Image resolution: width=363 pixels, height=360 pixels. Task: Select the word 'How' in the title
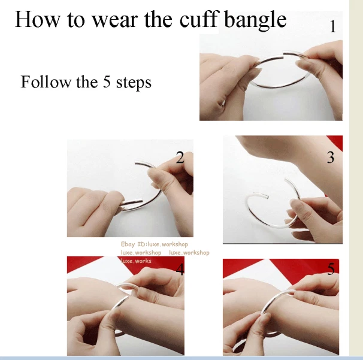coord(37,19)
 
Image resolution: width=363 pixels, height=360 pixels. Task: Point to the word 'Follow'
coord(46,81)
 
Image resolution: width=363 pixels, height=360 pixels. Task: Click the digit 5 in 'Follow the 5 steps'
coord(107,81)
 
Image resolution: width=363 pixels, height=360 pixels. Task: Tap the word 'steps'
coord(134,83)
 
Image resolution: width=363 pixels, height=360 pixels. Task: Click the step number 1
coord(332,26)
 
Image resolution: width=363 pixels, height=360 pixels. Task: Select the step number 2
coord(180,157)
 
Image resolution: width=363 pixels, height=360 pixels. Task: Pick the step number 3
coord(331,157)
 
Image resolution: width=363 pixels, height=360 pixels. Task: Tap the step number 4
coord(180,269)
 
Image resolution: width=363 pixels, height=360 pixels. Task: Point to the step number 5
coord(331,269)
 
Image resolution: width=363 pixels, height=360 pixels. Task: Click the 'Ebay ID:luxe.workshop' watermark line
coord(155,244)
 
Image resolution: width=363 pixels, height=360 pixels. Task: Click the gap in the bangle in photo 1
coord(283,56)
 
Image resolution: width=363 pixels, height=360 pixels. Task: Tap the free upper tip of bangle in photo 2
coord(136,164)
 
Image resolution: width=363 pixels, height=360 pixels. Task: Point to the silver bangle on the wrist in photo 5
coord(275,300)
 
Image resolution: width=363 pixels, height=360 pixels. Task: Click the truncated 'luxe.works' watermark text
coord(136,261)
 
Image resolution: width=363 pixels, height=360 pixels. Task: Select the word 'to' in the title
coord(75,20)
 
